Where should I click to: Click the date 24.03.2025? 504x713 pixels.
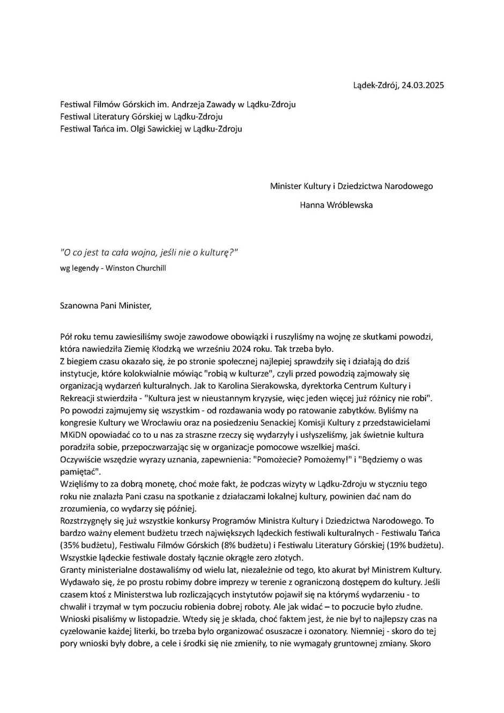coord(419,85)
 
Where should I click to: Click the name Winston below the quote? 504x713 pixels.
coord(121,268)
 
